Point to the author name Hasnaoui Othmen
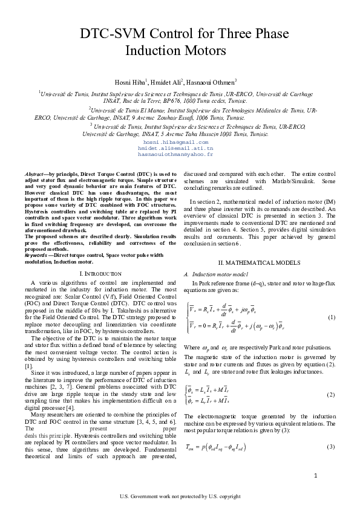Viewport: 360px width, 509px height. click(213, 82)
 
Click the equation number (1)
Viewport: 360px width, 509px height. click(331, 317)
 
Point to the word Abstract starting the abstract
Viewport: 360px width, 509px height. click(45, 175)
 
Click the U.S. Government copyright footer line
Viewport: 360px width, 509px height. click(180, 497)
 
